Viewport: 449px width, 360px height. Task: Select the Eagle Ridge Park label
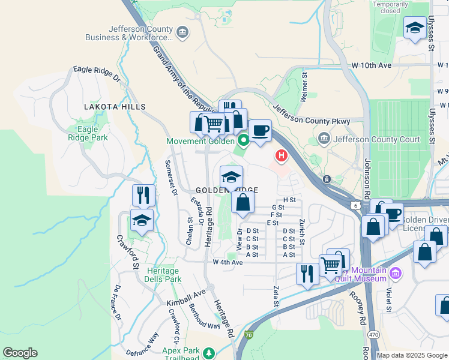pos(88,133)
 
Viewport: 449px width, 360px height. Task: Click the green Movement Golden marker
pos(243,142)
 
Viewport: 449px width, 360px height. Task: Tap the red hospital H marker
pos(280,157)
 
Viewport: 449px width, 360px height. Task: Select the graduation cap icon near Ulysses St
pos(414,28)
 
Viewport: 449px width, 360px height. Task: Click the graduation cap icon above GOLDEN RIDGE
pos(231,176)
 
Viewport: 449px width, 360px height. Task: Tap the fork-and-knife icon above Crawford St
pos(143,195)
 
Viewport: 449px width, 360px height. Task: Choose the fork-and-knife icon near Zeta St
pos(307,274)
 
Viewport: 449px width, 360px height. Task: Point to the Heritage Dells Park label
pos(164,275)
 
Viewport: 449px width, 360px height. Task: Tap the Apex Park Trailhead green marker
pos(209,353)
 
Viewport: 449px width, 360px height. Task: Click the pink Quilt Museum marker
pos(395,274)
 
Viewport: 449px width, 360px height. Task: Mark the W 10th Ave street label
pos(373,65)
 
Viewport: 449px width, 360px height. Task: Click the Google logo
pos(20,353)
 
